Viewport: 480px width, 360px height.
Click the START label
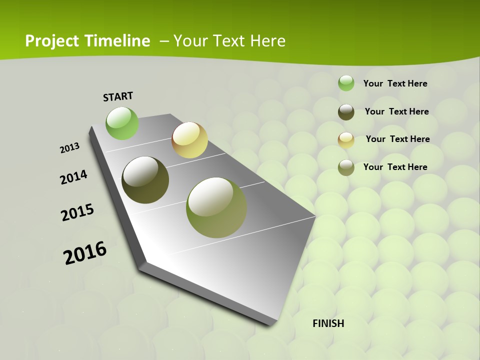coord(118,96)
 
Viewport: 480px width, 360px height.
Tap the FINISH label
coord(328,323)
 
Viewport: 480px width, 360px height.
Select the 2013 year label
coord(69,148)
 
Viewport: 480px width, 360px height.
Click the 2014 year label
coord(73,177)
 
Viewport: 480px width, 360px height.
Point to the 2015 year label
coord(77,212)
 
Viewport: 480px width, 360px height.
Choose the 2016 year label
coord(85,253)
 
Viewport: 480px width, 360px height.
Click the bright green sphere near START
coord(122,123)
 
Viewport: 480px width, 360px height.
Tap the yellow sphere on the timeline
coord(189,140)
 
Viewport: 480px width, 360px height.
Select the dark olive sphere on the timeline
coord(145,180)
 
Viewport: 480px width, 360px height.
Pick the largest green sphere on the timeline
coord(216,207)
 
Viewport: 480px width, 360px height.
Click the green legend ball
coord(346,83)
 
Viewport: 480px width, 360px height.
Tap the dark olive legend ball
coord(346,112)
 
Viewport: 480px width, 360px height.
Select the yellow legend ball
coord(346,140)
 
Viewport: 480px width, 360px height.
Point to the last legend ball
coord(346,167)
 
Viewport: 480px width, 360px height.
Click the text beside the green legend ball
coord(395,83)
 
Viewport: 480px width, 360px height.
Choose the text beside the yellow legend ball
coord(397,139)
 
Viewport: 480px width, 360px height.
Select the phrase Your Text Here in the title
coord(229,41)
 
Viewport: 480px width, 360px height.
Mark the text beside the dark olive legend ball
coord(396,111)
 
